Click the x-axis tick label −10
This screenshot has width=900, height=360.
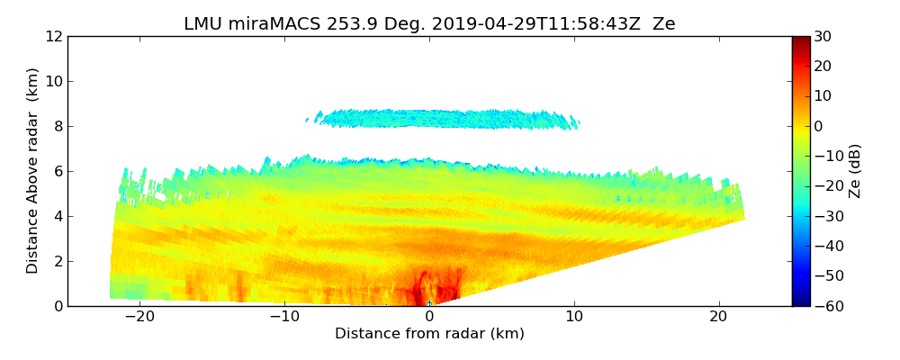point(283,317)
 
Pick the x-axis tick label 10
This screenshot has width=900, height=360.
point(574,317)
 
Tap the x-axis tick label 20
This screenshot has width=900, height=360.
point(719,317)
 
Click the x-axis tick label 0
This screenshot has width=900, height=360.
point(429,317)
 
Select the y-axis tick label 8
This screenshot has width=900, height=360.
point(58,126)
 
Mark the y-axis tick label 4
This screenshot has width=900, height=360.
point(58,216)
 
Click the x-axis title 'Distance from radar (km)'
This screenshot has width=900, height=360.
point(429,334)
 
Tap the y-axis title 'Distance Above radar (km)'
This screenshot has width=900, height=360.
point(33,171)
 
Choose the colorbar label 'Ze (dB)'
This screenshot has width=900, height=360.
point(855,171)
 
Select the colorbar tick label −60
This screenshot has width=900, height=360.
point(826,306)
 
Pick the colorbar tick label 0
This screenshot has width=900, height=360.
point(818,126)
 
